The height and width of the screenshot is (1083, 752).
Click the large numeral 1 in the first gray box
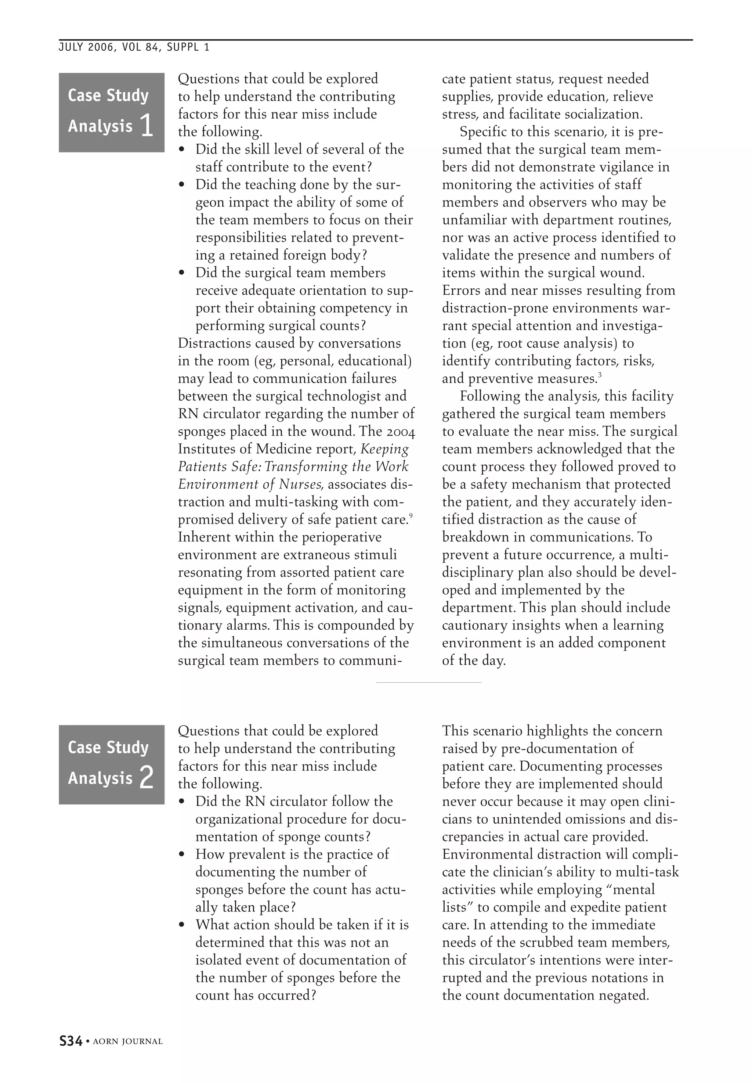[x=147, y=126]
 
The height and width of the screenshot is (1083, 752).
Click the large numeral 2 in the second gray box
[x=147, y=778]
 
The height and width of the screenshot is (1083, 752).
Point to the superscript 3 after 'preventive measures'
[x=600, y=375]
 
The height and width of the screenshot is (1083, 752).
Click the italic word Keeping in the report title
[x=384, y=449]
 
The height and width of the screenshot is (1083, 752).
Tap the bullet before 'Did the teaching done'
[x=182, y=185]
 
